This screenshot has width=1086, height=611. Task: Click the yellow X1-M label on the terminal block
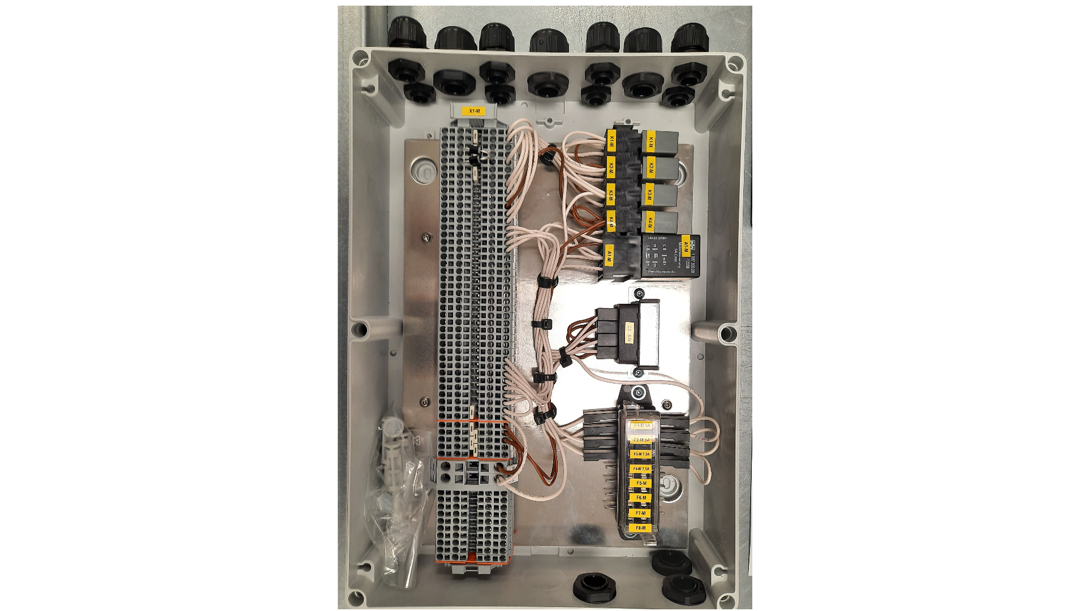[x=474, y=111]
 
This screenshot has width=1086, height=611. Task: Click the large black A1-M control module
[x=670, y=256]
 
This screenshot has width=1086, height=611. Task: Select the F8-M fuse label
[x=640, y=528]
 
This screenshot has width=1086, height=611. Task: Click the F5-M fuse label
[x=641, y=483]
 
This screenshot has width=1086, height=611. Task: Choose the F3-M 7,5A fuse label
[x=641, y=454]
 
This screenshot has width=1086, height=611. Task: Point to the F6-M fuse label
[x=641, y=498]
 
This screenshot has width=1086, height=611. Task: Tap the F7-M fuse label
[x=640, y=513]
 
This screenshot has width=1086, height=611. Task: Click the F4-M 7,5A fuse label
[x=641, y=469]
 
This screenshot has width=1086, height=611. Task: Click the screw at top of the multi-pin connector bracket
[x=639, y=294]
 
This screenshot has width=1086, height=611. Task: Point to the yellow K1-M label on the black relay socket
[x=611, y=141]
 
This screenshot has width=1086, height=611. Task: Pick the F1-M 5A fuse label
[x=642, y=425]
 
